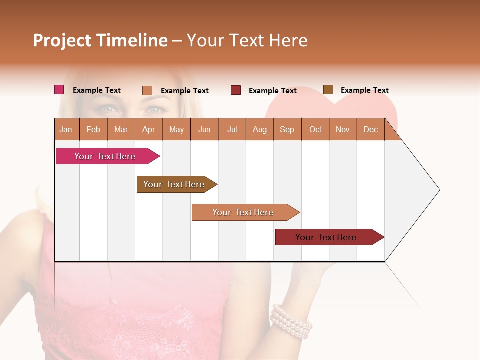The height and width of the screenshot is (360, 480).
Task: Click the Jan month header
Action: [66, 129]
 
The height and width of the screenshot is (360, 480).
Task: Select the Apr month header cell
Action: [149, 129]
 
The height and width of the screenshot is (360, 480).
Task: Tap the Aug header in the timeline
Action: [260, 129]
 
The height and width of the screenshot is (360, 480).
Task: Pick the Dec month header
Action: [371, 129]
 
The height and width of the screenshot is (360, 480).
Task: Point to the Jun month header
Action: [204, 129]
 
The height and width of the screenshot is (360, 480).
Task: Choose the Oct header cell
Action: [315, 129]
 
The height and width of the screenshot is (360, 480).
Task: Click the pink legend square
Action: [59, 90]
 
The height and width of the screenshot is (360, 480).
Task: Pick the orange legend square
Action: [147, 90]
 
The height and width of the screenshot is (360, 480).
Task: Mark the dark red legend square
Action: [235, 90]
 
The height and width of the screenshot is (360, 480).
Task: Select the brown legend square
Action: [328, 90]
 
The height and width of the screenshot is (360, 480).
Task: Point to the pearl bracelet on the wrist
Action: [291, 322]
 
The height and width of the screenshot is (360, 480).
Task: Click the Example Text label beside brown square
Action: [364, 90]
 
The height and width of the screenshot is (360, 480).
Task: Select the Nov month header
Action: [343, 129]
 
